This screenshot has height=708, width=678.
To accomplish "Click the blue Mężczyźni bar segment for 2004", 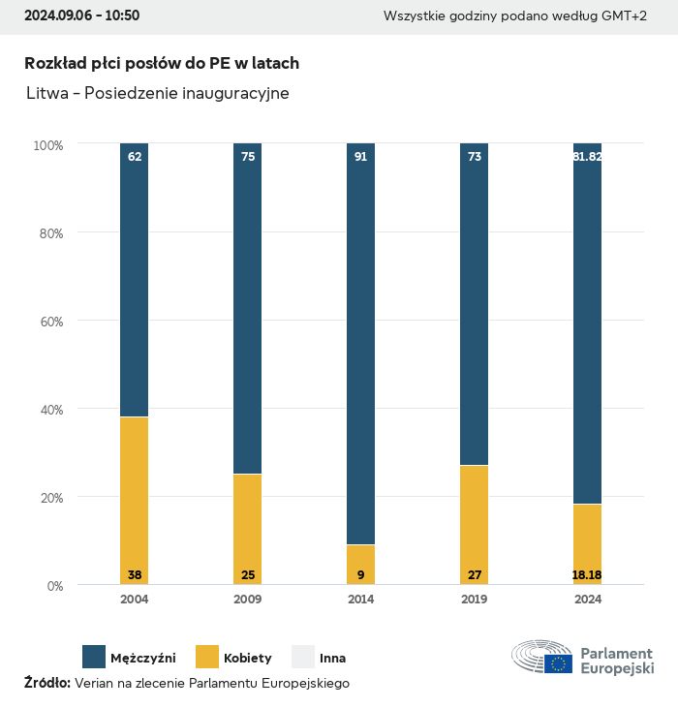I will (135, 281).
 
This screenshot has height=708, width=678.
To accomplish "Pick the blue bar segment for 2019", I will (474, 305).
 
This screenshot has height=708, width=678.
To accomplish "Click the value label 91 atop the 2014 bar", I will (360, 156).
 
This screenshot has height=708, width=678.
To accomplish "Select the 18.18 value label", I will (587, 575).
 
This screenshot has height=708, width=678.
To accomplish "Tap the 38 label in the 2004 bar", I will (135, 575).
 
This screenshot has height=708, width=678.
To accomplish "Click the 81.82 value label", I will (587, 156).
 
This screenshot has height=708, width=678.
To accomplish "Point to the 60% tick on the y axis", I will (49, 321).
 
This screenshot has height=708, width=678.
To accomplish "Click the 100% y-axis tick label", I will (47, 144).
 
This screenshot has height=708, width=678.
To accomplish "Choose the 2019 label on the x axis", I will (474, 600).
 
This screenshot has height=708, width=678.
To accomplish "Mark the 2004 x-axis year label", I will (135, 600).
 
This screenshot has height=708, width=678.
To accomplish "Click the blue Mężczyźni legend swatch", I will (94, 657).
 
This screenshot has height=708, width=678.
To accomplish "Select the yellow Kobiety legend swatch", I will (207, 657).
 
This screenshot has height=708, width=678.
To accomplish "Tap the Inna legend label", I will (332, 658).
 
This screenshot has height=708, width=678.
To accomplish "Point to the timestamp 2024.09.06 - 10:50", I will (81, 15).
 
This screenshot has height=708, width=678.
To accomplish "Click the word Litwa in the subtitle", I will (48, 94).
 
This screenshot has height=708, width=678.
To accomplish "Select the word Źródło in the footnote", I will (46, 683).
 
